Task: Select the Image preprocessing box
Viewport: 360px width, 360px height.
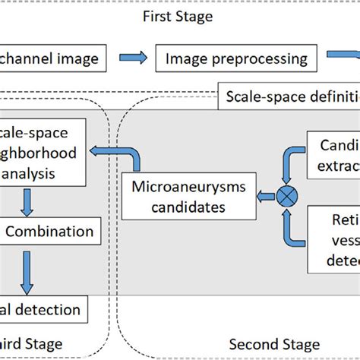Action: pyautogui.click(x=236, y=58)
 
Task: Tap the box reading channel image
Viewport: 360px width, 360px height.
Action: pyautogui.click(x=59, y=58)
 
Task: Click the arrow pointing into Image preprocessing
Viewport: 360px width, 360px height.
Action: pyautogui.click(x=137, y=58)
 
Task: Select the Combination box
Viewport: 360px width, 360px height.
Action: pyautogui.click(x=49, y=232)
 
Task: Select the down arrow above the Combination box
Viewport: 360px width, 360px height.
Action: pyautogui.click(x=28, y=204)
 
